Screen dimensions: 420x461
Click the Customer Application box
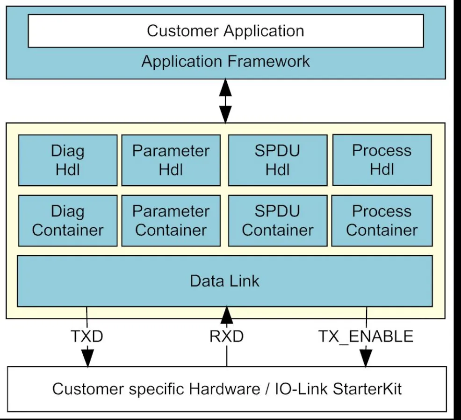pos(226,31)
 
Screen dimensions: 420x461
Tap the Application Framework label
pos(226,62)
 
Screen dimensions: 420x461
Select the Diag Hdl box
pos(68,160)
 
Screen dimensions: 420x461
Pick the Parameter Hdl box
pos(171,160)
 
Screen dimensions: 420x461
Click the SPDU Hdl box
pos(277,160)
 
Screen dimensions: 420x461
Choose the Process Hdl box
pos(382,160)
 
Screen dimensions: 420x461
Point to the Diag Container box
pos(68,221)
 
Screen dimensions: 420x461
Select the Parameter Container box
pos(171,221)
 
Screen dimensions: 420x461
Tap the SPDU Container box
pos(277,221)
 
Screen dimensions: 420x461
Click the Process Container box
pos(382,220)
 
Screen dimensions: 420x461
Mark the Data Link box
pos(225,281)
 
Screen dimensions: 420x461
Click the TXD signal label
pos(87,336)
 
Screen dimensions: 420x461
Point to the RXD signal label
pos(227,336)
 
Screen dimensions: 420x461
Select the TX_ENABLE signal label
pos(366,336)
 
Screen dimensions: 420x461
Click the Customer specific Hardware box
pos(227,389)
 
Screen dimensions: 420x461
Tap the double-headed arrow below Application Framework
pos(226,101)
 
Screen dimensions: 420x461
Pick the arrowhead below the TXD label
pos(87,357)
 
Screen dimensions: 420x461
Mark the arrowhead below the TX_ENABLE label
pos(366,357)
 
